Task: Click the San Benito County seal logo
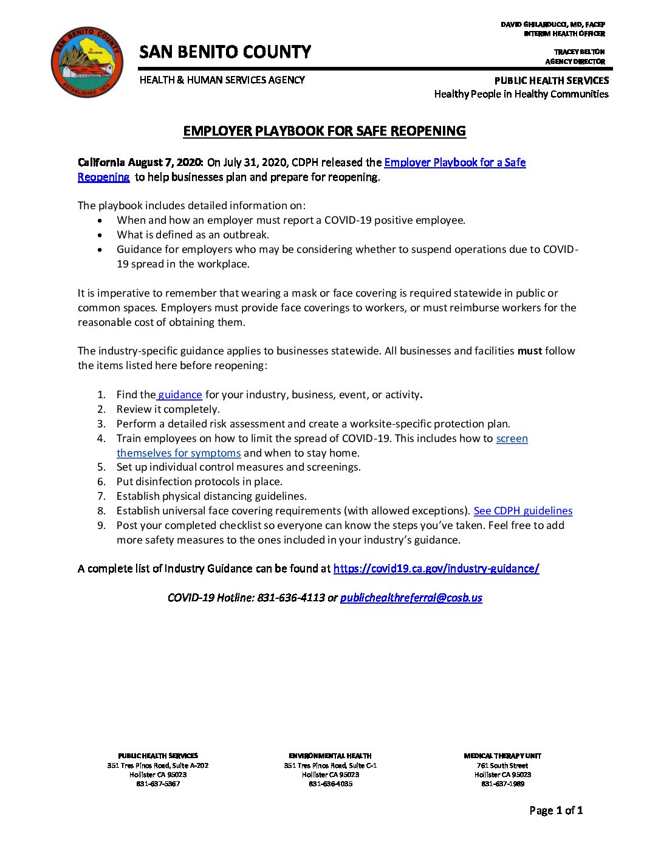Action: pyautogui.click(x=87, y=61)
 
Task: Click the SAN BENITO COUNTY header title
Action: pyautogui.click(x=225, y=52)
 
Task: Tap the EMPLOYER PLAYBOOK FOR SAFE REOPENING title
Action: pyautogui.click(x=324, y=131)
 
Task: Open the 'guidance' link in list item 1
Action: pyautogui.click(x=180, y=395)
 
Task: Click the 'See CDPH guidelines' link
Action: pyautogui.click(x=522, y=511)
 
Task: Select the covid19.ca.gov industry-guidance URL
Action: pyautogui.click(x=436, y=568)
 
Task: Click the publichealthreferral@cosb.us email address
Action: pyautogui.click(x=411, y=598)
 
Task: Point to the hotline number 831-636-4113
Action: pyautogui.click(x=291, y=598)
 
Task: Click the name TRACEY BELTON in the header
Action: pyautogui.click(x=579, y=52)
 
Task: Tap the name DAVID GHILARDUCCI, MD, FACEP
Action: pyautogui.click(x=552, y=24)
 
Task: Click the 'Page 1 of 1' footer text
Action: pyautogui.click(x=555, y=810)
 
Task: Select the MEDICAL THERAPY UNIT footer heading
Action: pyautogui.click(x=502, y=756)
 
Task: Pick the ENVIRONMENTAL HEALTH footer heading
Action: pyautogui.click(x=330, y=756)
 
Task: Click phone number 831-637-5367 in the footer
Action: pyautogui.click(x=158, y=784)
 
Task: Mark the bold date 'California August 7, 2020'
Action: pyautogui.click(x=140, y=162)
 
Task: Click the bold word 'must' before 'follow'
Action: pyautogui.click(x=529, y=351)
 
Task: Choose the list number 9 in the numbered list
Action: pyautogui.click(x=101, y=525)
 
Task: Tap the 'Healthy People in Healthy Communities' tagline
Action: pyautogui.click(x=521, y=94)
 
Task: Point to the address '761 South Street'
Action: pyautogui.click(x=502, y=765)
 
